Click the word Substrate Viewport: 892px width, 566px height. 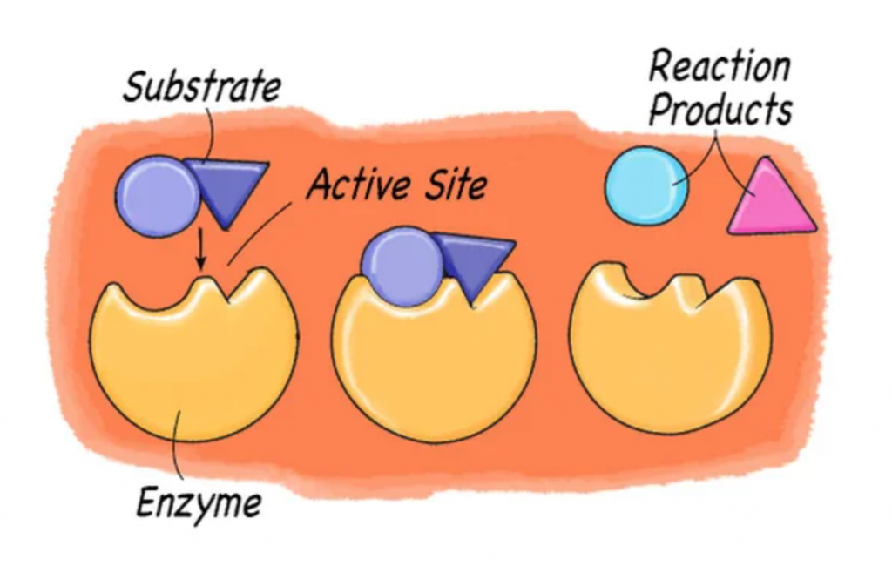(201, 87)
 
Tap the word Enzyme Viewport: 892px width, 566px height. (199, 504)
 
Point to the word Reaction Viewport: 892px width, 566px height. (720, 68)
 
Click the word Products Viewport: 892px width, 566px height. (720, 111)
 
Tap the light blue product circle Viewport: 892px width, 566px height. (645, 186)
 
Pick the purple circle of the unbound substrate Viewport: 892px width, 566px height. (157, 196)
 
